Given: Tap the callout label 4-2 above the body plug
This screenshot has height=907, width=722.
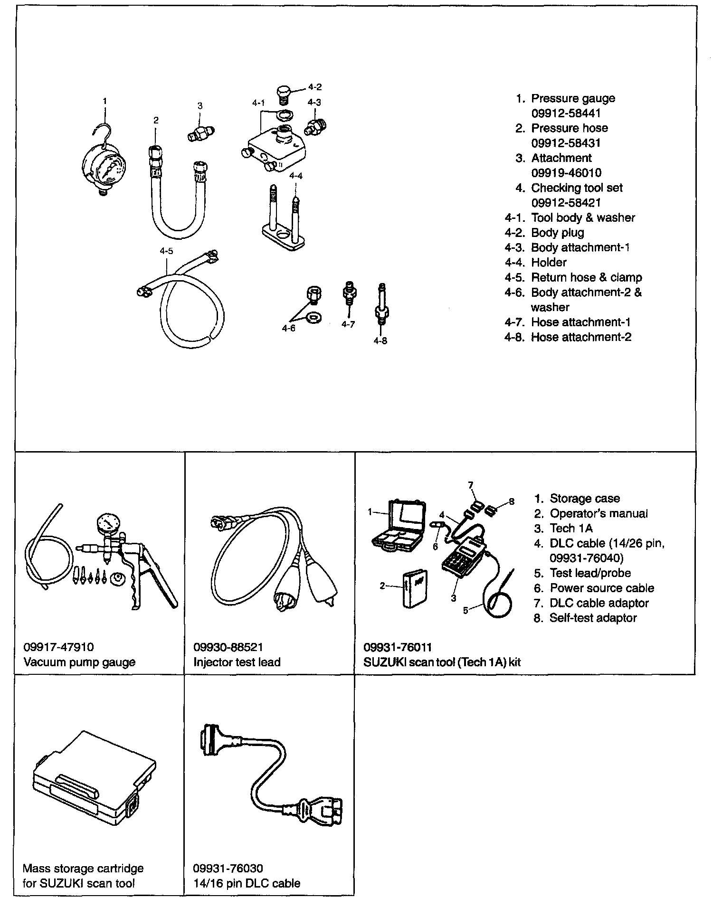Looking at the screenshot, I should coord(314,87).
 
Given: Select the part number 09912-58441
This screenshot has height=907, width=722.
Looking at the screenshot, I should coord(566,113).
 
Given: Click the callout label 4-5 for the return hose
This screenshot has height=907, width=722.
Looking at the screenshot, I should coord(166,251).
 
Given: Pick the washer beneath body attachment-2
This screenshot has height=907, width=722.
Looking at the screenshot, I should coord(313,317).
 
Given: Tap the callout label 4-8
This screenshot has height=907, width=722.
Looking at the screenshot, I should coord(380,340).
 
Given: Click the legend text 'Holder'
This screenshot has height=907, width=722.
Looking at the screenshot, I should coord(549,262).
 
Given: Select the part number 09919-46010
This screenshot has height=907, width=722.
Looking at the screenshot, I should coord(566,173).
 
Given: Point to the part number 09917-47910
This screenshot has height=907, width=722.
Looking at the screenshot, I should coord(58,647).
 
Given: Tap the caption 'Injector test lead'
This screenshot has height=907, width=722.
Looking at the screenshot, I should coord(237,662).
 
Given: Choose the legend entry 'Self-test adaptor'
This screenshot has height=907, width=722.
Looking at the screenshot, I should coord(593,618).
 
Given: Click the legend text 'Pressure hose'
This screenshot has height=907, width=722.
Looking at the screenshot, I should coord(569,128).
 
